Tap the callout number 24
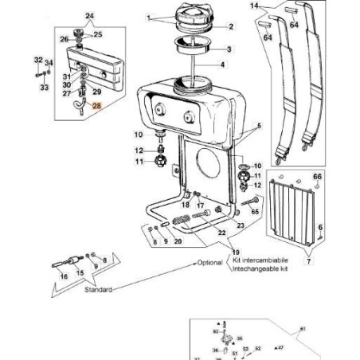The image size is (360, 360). pyautogui.click(x=89, y=16)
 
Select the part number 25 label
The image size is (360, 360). pyautogui.click(x=99, y=34)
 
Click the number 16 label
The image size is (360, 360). pyautogui.click(x=64, y=276)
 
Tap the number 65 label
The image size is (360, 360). pyautogui.click(x=255, y=213)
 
